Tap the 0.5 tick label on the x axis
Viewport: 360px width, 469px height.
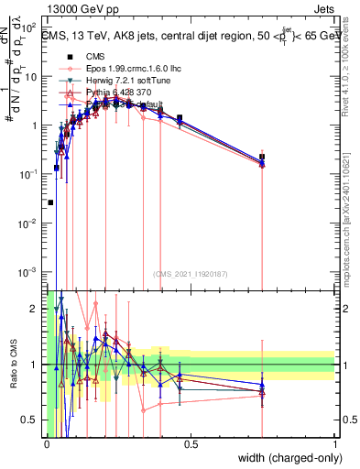click(x=191, y=444)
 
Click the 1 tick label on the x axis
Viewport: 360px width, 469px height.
click(x=335, y=444)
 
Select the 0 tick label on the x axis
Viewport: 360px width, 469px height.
click(x=47, y=444)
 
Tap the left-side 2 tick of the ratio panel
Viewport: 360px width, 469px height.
click(x=35, y=309)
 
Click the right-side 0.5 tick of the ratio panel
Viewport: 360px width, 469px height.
click(x=348, y=420)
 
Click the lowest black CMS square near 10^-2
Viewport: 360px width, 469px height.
click(x=50, y=202)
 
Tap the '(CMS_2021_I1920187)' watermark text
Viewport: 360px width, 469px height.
click(x=191, y=273)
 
